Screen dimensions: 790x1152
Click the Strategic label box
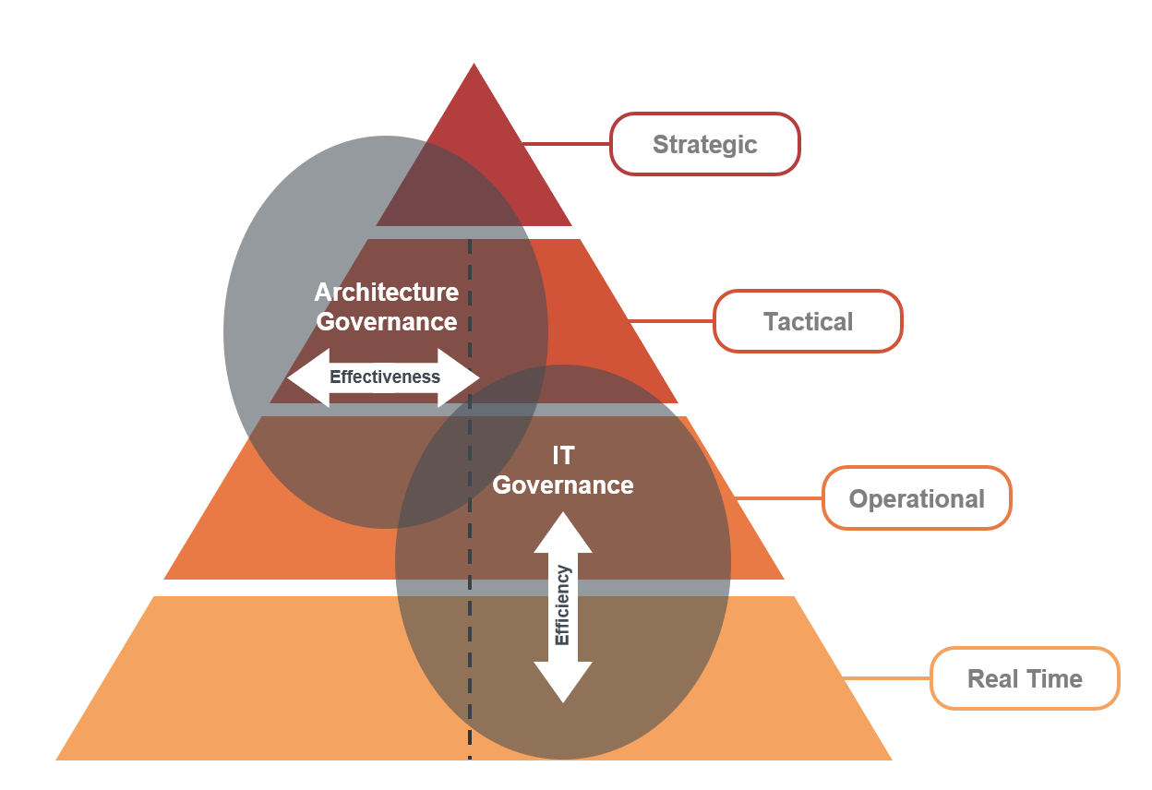pyautogui.click(x=704, y=144)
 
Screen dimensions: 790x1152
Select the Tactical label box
pyautogui.click(x=808, y=321)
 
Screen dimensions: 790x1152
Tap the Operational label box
pyautogui.click(x=917, y=498)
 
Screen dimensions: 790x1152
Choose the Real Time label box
pyautogui.click(x=1025, y=678)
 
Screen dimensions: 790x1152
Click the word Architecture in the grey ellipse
pyautogui.click(x=386, y=293)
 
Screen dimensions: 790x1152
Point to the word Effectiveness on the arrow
pyautogui.click(x=385, y=377)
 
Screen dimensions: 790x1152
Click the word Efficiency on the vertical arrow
pyautogui.click(x=562, y=605)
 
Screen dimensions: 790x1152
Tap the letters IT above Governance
pyautogui.click(x=563, y=455)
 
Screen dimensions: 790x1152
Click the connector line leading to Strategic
pyautogui.click(x=566, y=144)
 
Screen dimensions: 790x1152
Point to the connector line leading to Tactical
pyautogui.click(x=670, y=321)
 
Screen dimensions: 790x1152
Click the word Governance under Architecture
pyautogui.click(x=387, y=321)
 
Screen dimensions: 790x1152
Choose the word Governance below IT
pyautogui.click(x=563, y=485)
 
